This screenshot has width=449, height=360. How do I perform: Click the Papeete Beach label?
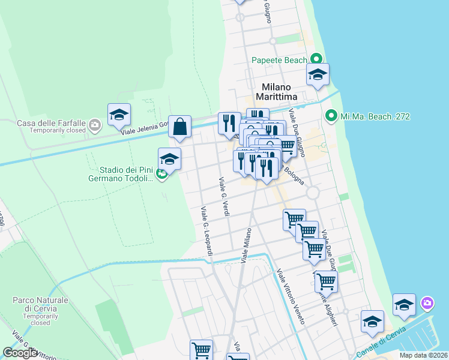pos(279,59)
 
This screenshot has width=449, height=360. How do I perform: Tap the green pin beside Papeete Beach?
pos(316,59)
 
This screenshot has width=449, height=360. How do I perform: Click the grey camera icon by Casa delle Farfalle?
pos(95,125)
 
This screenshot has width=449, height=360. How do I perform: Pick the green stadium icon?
pos(161,175)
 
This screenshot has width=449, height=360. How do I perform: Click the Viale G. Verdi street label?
pos(224,197)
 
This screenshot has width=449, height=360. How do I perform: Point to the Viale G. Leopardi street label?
pos(206,231)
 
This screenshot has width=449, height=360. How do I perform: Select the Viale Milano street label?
pos(246,245)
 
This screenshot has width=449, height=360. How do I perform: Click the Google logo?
pos(20,353)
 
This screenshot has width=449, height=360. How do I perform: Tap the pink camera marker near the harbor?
pos(427,302)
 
